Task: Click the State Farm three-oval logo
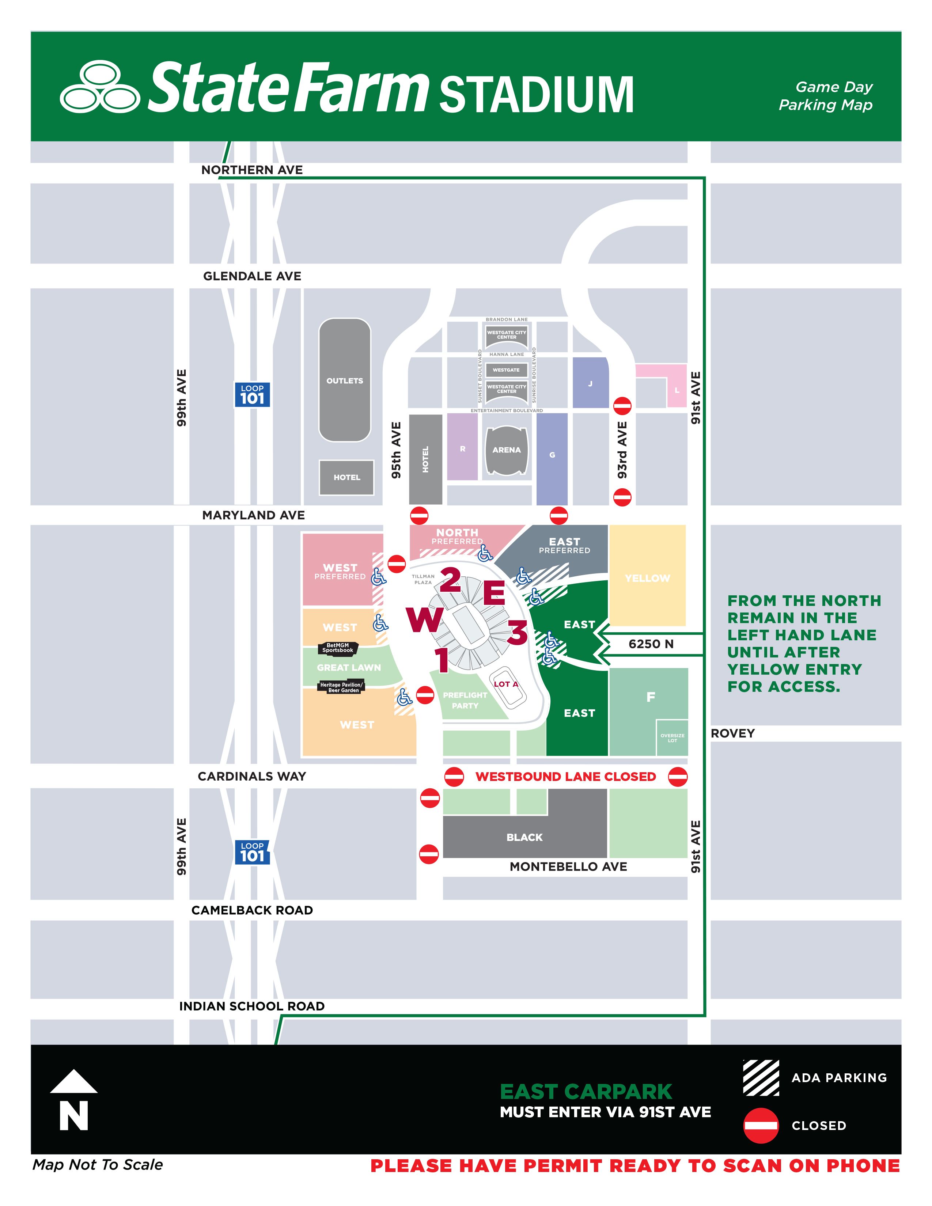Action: (x=99, y=86)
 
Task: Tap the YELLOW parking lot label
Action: (x=647, y=578)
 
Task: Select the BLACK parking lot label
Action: (x=524, y=837)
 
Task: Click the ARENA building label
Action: (x=506, y=450)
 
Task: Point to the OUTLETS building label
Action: (x=345, y=380)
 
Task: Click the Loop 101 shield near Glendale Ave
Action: (x=252, y=395)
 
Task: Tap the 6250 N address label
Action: (x=651, y=644)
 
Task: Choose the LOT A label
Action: (x=506, y=684)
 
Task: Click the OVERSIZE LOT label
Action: (x=672, y=738)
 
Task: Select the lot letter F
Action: (x=651, y=697)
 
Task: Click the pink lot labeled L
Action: (x=677, y=390)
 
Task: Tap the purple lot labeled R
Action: (x=463, y=449)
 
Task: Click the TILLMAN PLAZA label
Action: (x=423, y=579)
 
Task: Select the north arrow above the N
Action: (x=73, y=1081)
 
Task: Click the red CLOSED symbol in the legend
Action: (x=761, y=1125)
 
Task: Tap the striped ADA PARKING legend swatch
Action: (x=761, y=1078)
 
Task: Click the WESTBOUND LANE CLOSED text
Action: (x=565, y=776)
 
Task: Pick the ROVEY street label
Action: (x=732, y=733)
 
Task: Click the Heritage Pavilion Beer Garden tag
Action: (x=341, y=687)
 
